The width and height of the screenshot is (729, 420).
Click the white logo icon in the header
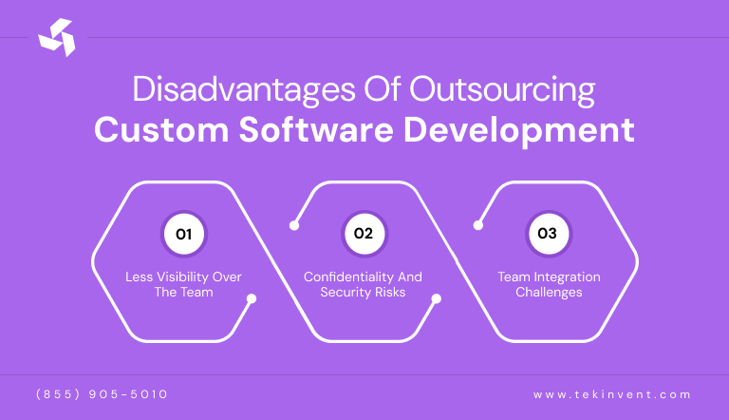tap(56, 37)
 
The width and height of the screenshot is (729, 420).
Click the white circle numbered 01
tap(183, 234)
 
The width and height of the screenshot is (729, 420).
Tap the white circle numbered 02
tap(364, 234)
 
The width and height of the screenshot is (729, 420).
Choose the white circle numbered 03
tap(547, 234)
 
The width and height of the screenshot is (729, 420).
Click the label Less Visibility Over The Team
tap(183, 284)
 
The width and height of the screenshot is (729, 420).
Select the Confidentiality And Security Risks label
tap(363, 284)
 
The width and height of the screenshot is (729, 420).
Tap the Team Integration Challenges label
tap(549, 284)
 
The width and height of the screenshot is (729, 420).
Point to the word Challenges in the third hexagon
tap(549, 292)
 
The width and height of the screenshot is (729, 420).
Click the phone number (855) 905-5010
tap(102, 393)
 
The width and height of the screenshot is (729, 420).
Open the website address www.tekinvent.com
tap(612, 393)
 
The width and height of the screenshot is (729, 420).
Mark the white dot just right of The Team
tap(252, 298)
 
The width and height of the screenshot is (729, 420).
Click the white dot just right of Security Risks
tap(436, 298)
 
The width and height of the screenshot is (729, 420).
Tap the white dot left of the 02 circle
tap(294, 226)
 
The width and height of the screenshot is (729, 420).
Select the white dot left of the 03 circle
tap(477, 226)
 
